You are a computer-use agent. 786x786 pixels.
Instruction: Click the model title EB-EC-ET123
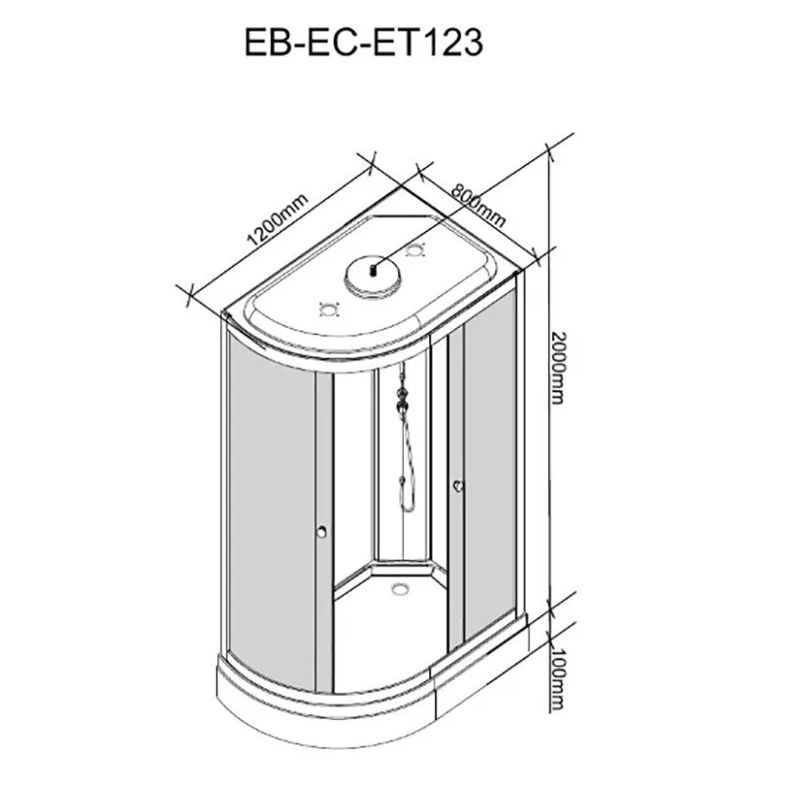click(x=364, y=42)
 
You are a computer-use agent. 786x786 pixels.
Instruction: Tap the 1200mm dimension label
click(x=277, y=220)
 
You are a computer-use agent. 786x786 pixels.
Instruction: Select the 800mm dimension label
click(x=477, y=205)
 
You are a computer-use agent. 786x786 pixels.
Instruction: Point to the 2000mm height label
click(x=557, y=367)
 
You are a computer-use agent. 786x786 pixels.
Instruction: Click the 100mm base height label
click(x=557, y=679)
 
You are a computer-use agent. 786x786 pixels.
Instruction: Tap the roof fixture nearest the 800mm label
click(x=416, y=250)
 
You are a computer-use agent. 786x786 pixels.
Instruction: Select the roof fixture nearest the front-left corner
click(x=329, y=309)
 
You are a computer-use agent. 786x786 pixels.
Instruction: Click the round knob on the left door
click(x=321, y=532)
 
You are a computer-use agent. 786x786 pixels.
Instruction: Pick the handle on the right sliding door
click(x=458, y=485)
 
